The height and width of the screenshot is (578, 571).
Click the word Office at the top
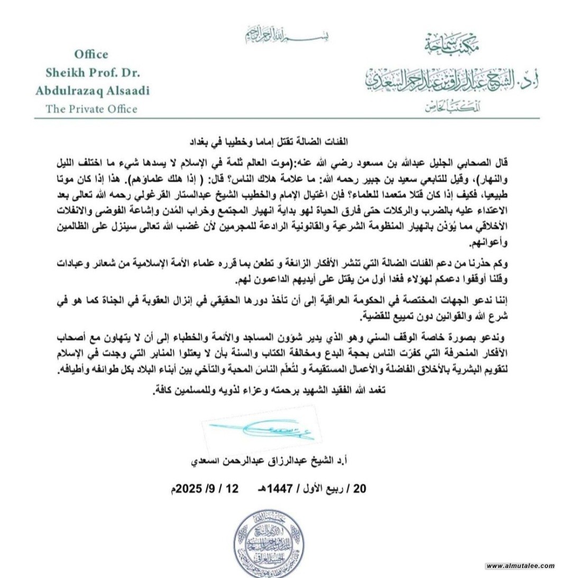click(91, 54)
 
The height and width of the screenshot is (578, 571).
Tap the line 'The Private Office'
click(91, 109)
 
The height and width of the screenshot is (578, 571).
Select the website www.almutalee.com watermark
click(520, 566)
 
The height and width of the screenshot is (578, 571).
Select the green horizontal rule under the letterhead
click(285, 118)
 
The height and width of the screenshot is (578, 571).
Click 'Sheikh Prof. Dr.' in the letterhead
click(91, 72)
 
